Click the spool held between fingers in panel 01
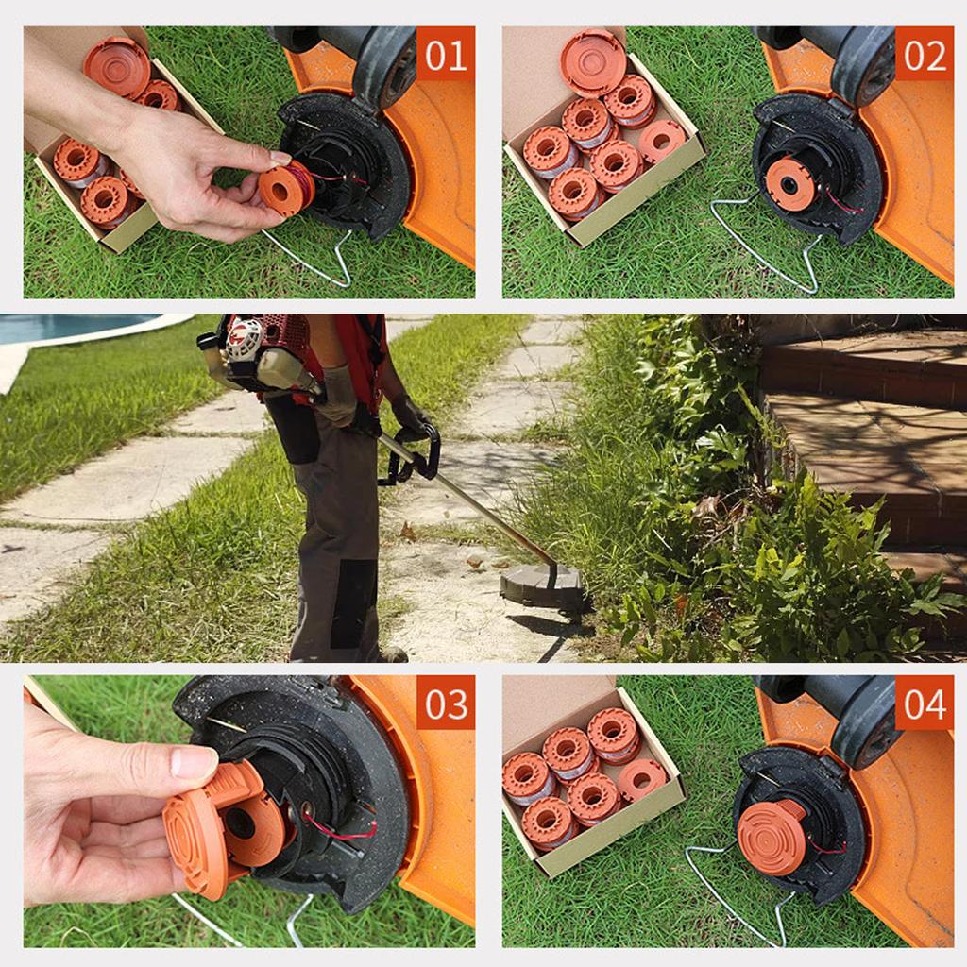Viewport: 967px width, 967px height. click(x=284, y=188)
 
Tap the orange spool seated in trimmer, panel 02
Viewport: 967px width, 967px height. click(x=789, y=184)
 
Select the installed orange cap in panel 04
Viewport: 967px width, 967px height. click(x=772, y=836)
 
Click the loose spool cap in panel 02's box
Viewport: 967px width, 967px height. click(x=593, y=62)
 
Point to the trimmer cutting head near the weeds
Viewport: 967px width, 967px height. click(x=540, y=585)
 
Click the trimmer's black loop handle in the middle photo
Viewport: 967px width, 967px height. click(x=416, y=453)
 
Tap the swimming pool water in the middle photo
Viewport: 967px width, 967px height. click(x=66, y=327)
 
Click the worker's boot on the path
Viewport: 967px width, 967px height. click(x=391, y=654)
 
